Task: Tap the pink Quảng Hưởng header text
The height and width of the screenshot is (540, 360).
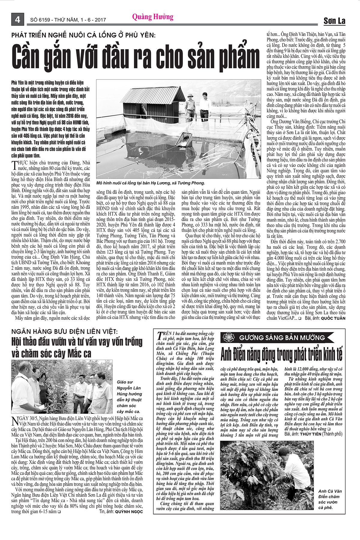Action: tap(153, 17)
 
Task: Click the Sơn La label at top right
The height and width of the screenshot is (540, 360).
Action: tap(334, 21)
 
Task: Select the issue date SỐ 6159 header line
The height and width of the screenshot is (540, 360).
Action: tap(68, 20)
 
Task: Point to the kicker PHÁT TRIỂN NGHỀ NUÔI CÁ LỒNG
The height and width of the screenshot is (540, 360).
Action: tap(83, 35)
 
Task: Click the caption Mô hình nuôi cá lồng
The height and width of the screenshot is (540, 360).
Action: tap(151, 183)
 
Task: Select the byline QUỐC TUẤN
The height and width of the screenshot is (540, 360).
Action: tap(333, 318)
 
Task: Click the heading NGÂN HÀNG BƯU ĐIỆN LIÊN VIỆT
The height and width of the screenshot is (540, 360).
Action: tap(64, 331)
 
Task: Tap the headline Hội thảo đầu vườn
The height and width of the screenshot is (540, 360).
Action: tap(77, 347)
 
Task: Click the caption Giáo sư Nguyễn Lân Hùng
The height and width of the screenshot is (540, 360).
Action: tap(129, 397)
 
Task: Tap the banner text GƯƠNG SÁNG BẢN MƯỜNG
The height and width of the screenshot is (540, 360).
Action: tap(282, 338)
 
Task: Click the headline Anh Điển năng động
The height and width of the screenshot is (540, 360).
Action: tap(281, 354)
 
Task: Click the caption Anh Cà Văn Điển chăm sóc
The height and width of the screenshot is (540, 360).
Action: tap(330, 499)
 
